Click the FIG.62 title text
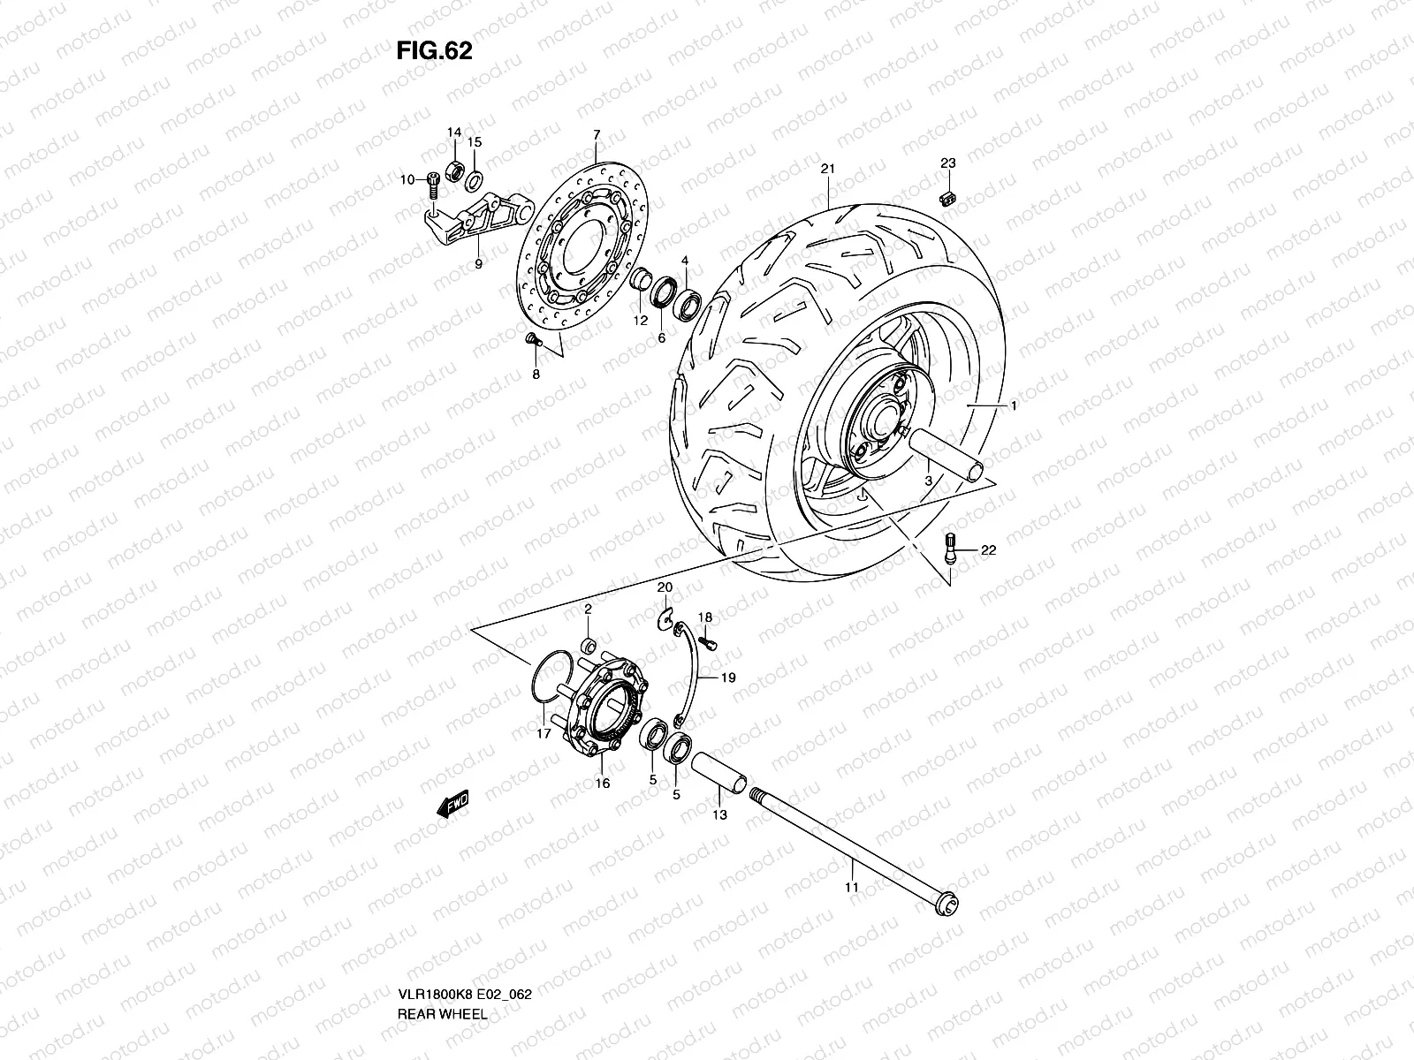click(x=434, y=51)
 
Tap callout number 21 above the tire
click(x=827, y=169)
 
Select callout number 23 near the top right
click(x=947, y=163)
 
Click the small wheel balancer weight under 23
click(x=949, y=199)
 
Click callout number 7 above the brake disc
click(x=597, y=135)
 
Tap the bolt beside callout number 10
click(x=434, y=184)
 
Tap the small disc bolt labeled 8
click(x=532, y=340)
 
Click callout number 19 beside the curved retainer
click(x=728, y=679)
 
